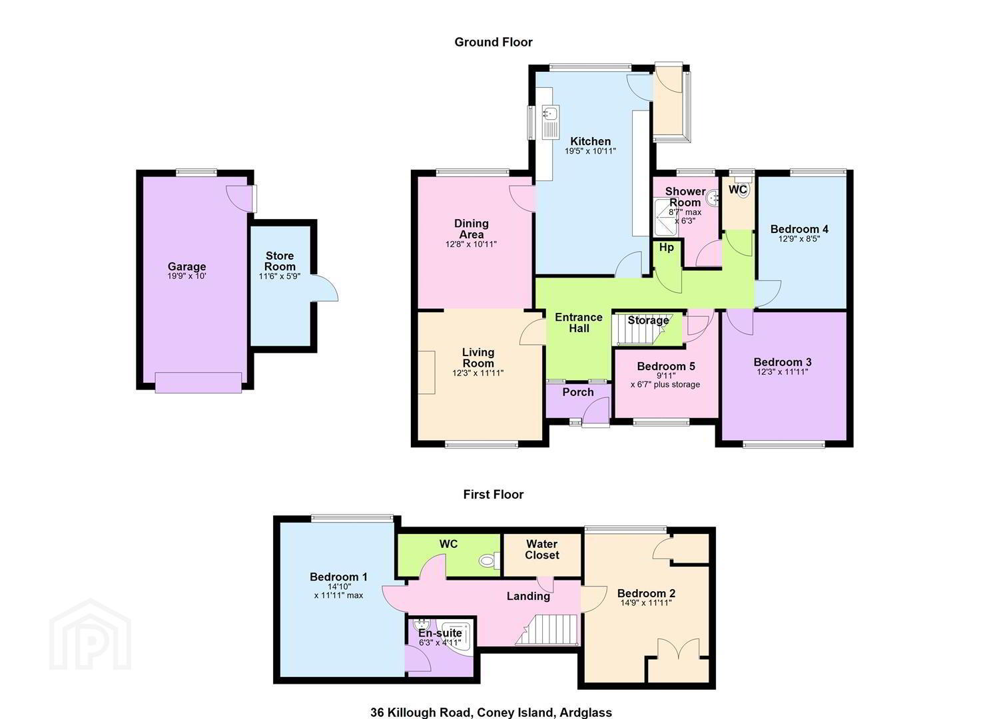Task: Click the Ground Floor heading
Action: (494, 42)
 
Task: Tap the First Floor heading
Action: (494, 495)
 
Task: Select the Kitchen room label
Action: (590, 141)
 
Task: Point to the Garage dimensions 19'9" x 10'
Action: (186, 276)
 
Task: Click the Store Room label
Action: (280, 261)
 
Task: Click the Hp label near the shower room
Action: (666, 247)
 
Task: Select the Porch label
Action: (577, 392)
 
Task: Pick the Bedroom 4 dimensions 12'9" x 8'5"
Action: (799, 239)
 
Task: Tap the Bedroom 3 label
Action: (783, 362)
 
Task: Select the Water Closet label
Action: (541, 549)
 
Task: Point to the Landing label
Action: (528, 597)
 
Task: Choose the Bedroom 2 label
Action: (646, 593)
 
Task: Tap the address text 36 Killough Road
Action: (422, 712)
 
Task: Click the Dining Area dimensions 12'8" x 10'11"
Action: (471, 244)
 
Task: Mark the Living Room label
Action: (478, 358)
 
